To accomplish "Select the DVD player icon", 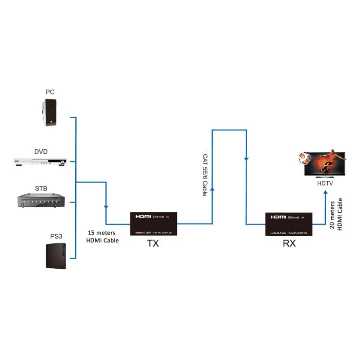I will tap(40, 162).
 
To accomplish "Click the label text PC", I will tap(50, 92).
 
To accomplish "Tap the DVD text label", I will tap(41, 151).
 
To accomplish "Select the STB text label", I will tap(41, 188).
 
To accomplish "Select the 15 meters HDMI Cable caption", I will tap(102, 237).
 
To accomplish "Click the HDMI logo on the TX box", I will tap(144, 216).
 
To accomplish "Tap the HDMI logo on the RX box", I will tap(278, 216).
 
